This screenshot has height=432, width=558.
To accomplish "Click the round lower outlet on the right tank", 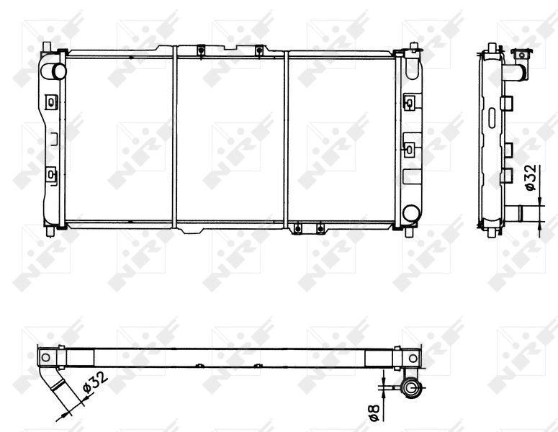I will (410, 213).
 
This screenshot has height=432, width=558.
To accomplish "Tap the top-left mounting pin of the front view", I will (47, 48).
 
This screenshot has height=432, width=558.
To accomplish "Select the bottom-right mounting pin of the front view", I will (410, 233).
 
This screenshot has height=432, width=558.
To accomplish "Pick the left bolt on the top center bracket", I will (200, 50).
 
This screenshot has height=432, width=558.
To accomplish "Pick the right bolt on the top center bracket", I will (258, 50).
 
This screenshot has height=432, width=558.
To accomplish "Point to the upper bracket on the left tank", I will (50, 102).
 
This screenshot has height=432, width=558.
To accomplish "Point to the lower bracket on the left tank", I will (50, 174).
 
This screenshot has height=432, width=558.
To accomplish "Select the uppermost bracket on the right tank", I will (409, 103).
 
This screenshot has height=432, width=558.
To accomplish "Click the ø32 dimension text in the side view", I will (531, 178).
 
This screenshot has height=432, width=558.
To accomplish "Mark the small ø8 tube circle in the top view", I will (411, 389).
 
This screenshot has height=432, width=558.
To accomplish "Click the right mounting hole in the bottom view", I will (413, 357).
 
